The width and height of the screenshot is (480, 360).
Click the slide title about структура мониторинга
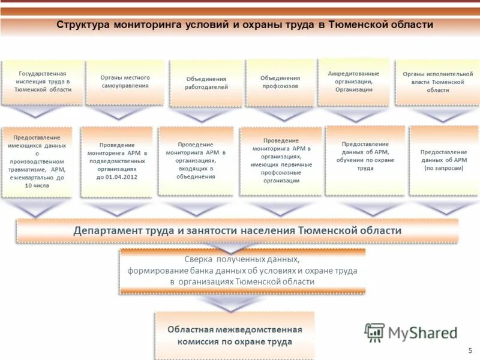245,25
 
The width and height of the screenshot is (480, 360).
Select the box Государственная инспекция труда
43,82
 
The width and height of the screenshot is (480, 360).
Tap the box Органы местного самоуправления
125,82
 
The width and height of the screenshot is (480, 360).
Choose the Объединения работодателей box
206,83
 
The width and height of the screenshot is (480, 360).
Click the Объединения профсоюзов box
280,82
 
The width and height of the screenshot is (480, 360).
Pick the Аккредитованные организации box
354,82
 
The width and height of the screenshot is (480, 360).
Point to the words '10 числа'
37,186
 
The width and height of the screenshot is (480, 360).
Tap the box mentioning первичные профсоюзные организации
280,160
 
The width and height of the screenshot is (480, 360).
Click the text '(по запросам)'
444,169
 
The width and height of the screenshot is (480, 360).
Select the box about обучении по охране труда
365,160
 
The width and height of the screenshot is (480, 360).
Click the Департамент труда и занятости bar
237,230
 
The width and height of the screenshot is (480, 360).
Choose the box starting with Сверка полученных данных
242,270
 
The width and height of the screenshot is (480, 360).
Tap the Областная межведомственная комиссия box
234,335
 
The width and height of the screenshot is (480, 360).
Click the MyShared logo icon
375,332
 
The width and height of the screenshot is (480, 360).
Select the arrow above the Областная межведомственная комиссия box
231,305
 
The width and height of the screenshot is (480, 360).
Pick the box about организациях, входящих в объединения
196,160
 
